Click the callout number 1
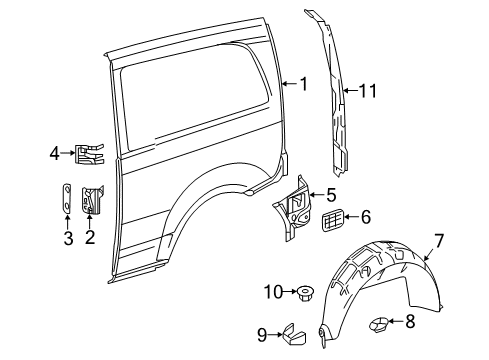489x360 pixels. point(303,84)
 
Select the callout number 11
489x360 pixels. point(368,91)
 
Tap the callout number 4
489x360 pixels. point(55,153)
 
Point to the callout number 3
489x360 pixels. point(68,238)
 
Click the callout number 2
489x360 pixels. point(90,237)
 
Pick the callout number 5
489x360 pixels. point(331,195)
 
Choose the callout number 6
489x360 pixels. point(366,217)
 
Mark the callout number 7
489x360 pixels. point(439,241)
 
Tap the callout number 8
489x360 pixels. point(410,321)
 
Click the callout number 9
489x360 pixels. point(262,335)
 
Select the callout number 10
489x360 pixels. point(273,292)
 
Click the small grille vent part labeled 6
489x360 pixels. point(332,220)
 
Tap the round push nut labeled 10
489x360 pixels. point(303,293)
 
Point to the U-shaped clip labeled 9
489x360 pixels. point(295,335)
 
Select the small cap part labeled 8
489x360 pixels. point(379,325)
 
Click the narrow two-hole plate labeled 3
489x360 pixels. point(67,198)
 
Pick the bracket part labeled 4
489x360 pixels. point(90,154)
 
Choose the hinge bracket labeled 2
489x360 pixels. point(93,199)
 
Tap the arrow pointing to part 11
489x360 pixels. point(350,91)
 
